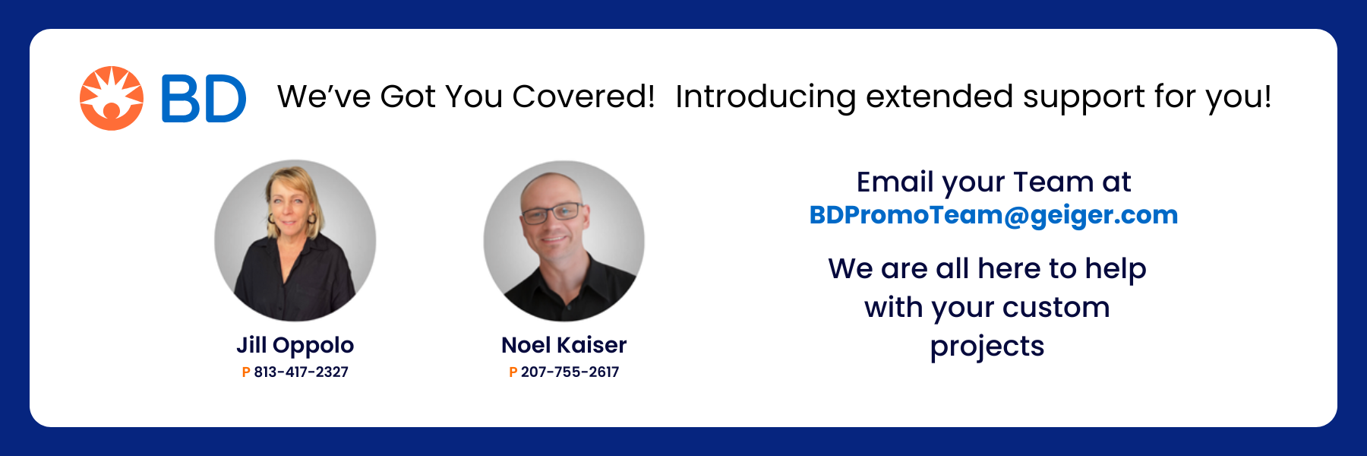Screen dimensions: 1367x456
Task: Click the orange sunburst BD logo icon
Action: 112,98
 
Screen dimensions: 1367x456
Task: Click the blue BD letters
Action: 204,99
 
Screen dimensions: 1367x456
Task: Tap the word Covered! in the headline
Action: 583,97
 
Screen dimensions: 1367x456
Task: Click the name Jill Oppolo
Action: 295,346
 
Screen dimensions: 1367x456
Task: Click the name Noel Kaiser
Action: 564,345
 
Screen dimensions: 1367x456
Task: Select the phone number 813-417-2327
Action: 301,372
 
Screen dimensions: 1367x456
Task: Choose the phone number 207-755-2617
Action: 570,372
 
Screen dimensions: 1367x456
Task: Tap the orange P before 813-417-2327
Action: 246,372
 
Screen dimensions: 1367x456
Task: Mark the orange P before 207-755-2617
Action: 513,372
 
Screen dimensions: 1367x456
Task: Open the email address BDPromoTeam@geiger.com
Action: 993,215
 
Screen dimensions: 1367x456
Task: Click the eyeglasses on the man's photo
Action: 553,212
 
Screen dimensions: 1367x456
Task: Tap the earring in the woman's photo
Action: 311,219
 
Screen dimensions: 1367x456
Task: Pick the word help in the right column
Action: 1116,269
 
